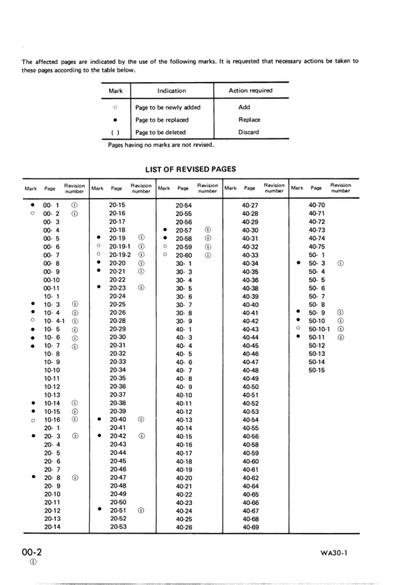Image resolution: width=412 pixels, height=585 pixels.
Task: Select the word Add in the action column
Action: [x=245, y=108]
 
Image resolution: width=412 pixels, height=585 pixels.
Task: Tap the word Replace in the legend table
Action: [x=249, y=120]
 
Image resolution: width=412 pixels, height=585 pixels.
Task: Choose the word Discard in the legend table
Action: [x=248, y=132]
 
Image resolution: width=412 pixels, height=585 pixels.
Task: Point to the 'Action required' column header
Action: [x=251, y=90]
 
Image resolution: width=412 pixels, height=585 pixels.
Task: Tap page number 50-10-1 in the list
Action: [x=318, y=328]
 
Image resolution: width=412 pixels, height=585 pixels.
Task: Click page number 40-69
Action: [x=251, y=527]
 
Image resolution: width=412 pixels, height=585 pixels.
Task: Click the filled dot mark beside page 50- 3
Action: [x=297, y=263]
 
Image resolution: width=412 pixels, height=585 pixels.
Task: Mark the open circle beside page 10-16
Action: [x=33, y=420]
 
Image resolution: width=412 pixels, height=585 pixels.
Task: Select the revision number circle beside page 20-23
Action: [x=141, y=287]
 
